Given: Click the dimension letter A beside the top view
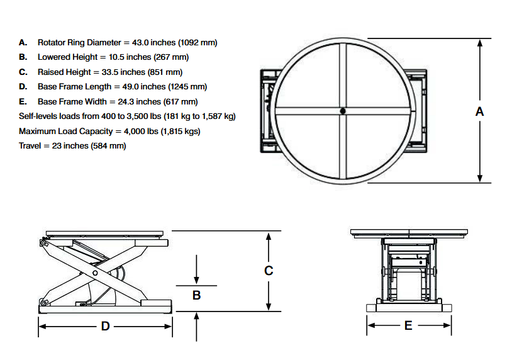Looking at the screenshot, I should (480, 111).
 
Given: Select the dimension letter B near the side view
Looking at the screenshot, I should (196, 295).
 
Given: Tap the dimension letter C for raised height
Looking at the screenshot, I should (269, 271).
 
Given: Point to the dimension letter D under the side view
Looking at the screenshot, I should (106, 326).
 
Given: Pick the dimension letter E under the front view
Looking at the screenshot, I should (408, 325).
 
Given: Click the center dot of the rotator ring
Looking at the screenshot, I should (342, 111).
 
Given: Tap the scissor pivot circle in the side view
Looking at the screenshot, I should (95, 273).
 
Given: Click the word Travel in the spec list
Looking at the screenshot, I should (30, 145).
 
